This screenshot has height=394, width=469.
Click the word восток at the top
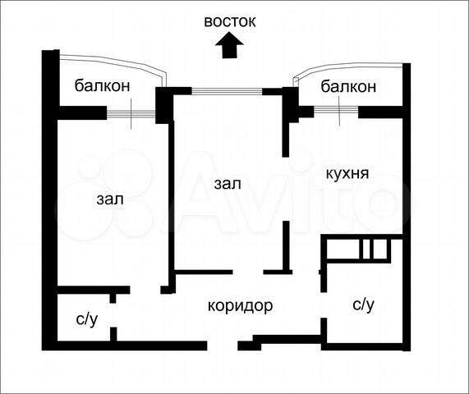click(230, 22)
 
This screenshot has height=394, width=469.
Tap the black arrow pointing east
click(229, 45)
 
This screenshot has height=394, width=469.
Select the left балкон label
click(103, 86)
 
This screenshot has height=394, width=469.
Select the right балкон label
click(348, 87)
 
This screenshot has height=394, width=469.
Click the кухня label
click(347, 174)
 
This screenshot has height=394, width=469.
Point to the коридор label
click(240, 306)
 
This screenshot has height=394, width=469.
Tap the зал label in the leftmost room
click(110, 199)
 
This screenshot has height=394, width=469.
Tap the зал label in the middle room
click(228, 184)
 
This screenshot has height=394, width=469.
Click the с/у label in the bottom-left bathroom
click(87, 319)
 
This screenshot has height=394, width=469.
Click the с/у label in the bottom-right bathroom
click(363, 305)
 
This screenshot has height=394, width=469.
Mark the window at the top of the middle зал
click(227, 91)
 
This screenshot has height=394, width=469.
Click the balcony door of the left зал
click(131, 114)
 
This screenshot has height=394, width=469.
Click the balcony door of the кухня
click(336, 110)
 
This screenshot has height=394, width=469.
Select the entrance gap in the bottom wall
click(223, 346)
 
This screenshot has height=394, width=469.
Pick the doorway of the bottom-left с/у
click(113, 315)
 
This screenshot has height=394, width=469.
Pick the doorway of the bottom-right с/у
click(324, 305)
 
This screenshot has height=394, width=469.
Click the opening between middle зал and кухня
click(286, 189)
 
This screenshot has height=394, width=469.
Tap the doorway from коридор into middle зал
click(248, 272)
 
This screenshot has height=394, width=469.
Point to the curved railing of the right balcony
click(347, 65)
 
